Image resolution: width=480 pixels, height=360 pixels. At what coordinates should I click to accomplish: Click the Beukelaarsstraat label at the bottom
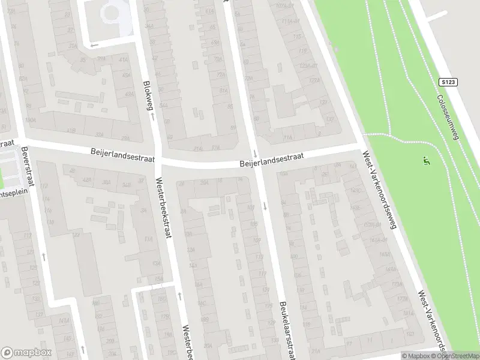coord(286,329)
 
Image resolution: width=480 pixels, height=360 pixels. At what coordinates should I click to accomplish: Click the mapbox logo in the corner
coord(26,353)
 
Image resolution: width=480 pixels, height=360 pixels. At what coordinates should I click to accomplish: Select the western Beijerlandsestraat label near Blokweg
coord(123,155)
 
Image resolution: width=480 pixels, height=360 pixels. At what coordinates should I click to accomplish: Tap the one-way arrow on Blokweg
coord(152,116)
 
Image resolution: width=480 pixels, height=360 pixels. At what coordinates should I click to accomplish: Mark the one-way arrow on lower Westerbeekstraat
coord(179,295)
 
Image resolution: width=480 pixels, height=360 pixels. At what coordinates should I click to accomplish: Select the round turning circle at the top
coord(112,11)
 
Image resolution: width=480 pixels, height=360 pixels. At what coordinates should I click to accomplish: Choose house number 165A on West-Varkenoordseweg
coord(385,254)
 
